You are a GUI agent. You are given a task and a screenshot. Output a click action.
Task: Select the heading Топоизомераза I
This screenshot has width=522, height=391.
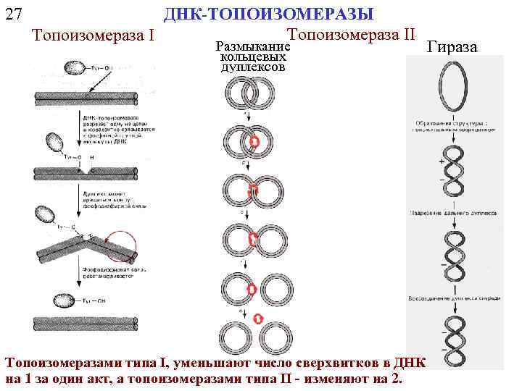click(93, 35)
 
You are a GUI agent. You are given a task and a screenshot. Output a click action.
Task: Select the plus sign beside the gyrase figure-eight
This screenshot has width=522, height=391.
click(441, 160)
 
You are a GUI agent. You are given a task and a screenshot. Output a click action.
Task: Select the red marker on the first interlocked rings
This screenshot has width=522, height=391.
click(254, 142)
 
